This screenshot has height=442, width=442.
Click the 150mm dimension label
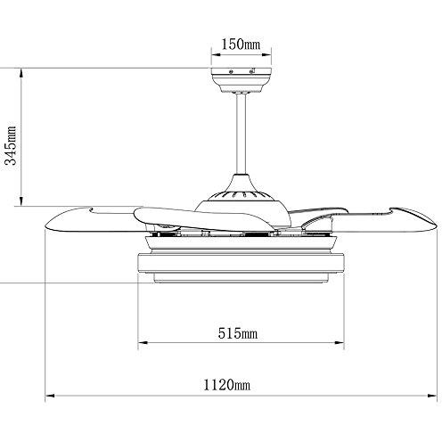pos(241,45)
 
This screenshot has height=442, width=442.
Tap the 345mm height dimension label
pos(12,145)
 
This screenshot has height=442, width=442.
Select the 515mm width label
pos(238,333)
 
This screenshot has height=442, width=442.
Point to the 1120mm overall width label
pos(226,385)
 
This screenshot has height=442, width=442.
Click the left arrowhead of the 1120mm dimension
pos(49,396)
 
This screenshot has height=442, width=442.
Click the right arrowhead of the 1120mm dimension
pos(432,396)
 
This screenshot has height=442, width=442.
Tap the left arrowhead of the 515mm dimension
pos(143,342)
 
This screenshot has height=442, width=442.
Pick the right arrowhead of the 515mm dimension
pos(340,342)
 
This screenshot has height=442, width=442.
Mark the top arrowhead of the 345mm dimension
pos(21,73)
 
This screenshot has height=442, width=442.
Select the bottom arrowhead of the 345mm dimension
pos(21,201)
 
